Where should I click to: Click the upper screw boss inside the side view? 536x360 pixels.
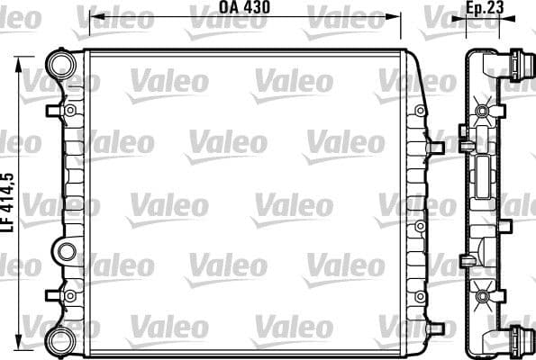[x=485, y=111]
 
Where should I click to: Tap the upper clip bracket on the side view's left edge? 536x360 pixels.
[x=464, y=140]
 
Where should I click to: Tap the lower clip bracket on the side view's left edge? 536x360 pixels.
[x=464, y=261]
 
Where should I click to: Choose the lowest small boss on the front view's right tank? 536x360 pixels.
[x=420, y=294]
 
